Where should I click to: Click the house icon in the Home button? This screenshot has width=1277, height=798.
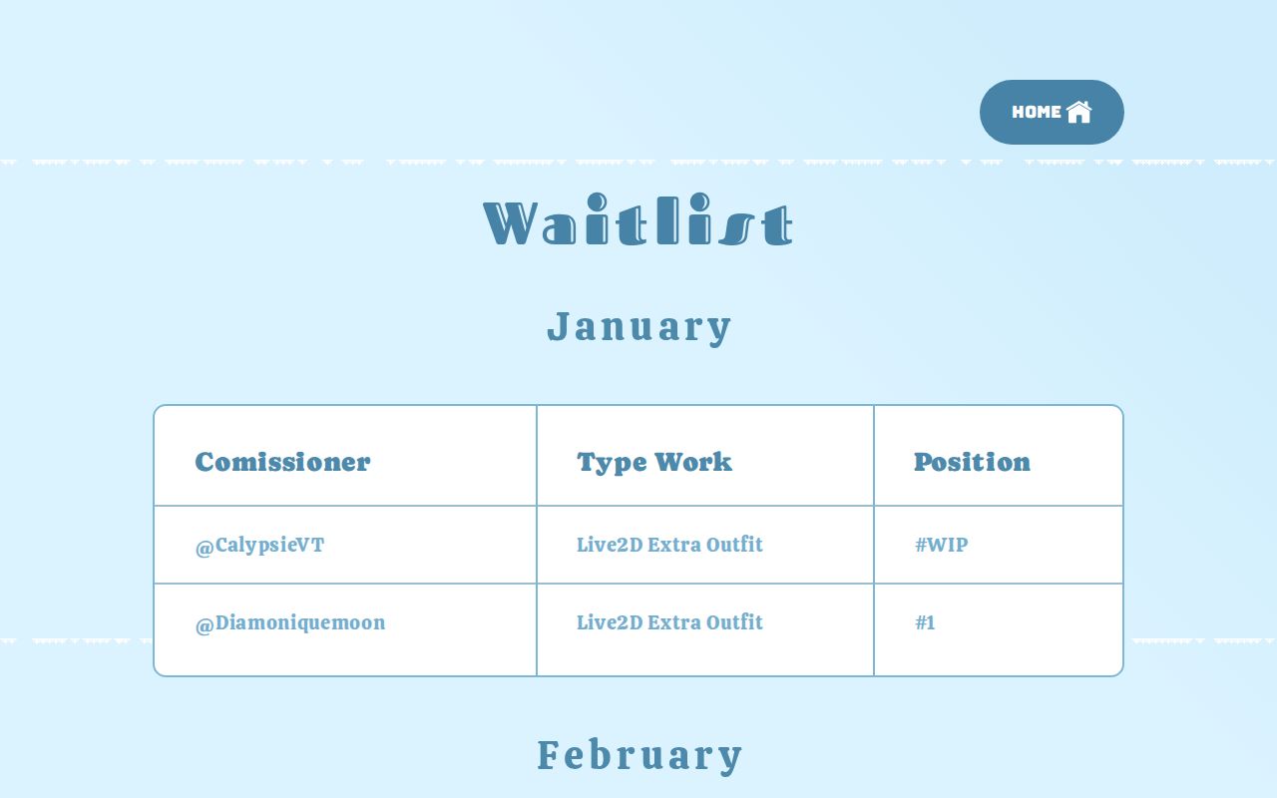click(x=1078, y=112)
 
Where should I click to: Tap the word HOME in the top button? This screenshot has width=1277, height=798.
click(x=1037, y=112)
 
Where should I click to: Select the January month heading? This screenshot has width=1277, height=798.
click(x=639, y=327)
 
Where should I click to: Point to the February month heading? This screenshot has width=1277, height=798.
click(x=639, y=755)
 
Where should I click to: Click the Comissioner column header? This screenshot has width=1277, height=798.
click(x=282, y=462)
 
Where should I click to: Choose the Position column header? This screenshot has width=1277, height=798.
click(x=972, y=462)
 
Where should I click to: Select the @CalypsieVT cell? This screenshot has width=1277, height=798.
click(x=260, y=546)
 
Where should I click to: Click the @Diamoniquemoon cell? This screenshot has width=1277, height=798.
click(x=290, y=623)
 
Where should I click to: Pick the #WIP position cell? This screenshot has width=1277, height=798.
click(x=941, y=545)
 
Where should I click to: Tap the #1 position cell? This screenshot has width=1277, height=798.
click(x=925, y=623)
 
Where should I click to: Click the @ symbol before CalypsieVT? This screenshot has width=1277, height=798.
click(x=205, y=547)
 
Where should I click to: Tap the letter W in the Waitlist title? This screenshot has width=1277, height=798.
click(x=512, y=222)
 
